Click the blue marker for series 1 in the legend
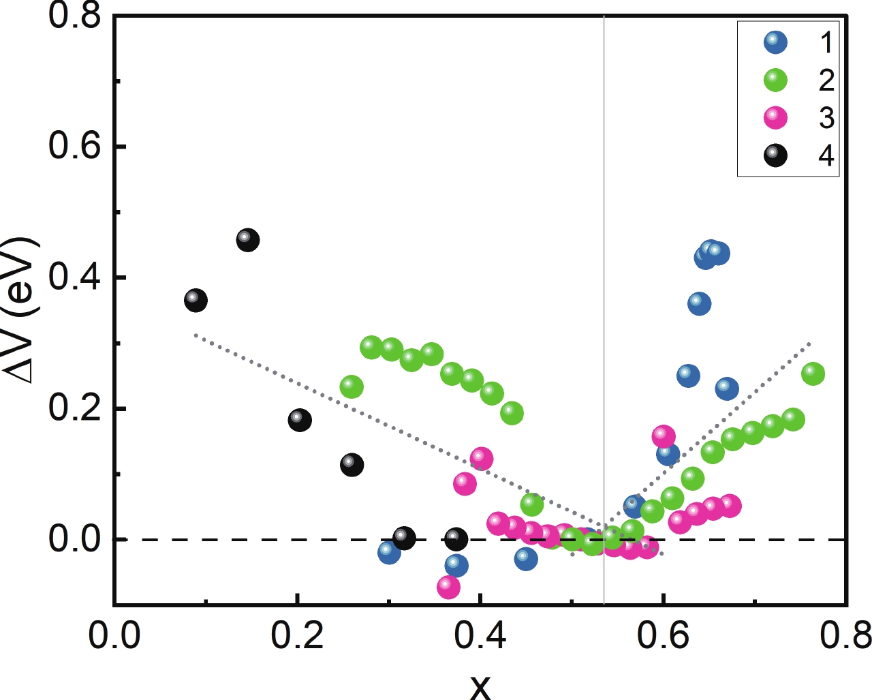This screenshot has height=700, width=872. pyautogui.click(x=775, y=42)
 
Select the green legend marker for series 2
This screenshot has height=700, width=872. pyautogui.click(x=775, y=80)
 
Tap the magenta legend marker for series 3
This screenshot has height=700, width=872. pyautogui.click(x=775, y=118)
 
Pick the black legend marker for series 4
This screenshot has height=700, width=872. pyautogui.click(x=775, y=156)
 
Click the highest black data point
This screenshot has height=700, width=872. pyautogui.click(x=248, y=240)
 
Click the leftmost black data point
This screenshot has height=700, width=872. pyautogui.click(x=196, y=300)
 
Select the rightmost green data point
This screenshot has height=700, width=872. pyautogui.click(x=813, y=374)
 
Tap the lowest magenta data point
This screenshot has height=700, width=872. pyautogui.click(x=448, y=587)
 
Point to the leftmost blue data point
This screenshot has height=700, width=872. pyautogui.click(x=389, y=552)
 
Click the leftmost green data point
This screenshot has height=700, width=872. pyautogui.click(x=352, y=387)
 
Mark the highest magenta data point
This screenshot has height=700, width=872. pyautogui.click(x=664, y=436)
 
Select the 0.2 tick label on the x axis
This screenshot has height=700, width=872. pyautogui.click(x=297, y=636)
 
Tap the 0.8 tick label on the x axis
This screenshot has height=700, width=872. pyautogui.click(x=845, y=636)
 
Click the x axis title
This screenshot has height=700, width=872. pyautogui.click(x=480, y=685)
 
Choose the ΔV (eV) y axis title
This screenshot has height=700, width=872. pyautogui.click(x=22, y=310)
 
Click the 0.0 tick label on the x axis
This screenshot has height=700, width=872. pyautogui.click(x=114, y=636)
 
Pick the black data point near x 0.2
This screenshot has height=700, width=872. pyautogui.click(x=300, y=420)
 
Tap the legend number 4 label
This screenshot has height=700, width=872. pyautogui.click(x=826, y=156)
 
